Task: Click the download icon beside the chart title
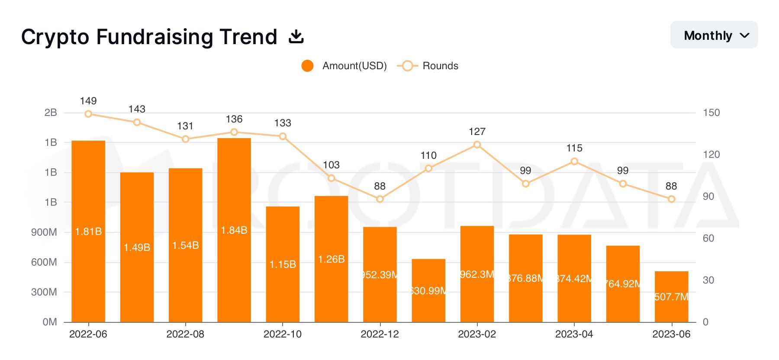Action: coord(296,37)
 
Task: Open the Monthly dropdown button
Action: coord(714,35)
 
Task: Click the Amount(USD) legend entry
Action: coord(344,66)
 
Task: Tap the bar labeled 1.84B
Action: coord(234,230)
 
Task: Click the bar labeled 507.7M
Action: coord(671,297)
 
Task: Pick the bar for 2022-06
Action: coord(88,231)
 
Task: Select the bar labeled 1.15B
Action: coord(283,264)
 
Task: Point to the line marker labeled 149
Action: coord(88,114)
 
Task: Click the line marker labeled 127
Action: coord(477,145)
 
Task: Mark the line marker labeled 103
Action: coord(332,178)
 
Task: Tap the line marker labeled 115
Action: coord(574,161)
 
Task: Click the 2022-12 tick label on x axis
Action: coord(380,334)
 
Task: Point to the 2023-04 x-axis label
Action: coord(574,334)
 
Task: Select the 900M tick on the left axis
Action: coord(44,232)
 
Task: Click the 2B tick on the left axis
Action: coord(50,112)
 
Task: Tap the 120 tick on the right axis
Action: coord(711,154)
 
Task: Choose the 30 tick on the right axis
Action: coord(708,280)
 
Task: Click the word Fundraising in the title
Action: coord(155,37)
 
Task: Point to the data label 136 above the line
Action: coord(234,119)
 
